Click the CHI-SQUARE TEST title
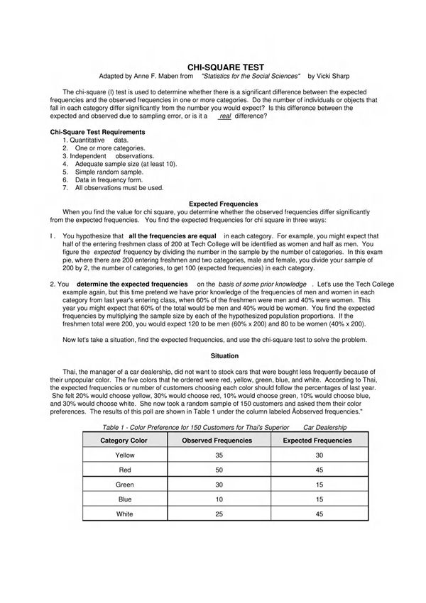tap(212, 66)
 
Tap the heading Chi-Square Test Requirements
tap(97, 132)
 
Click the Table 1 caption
tap(224, 428)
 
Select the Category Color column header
tap(124, 441)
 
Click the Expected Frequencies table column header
tap(317, 441)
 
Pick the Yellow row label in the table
tap(124, 455)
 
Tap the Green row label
tap(124, 485)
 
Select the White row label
tap(124, 514)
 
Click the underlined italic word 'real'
tap(225, 116)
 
